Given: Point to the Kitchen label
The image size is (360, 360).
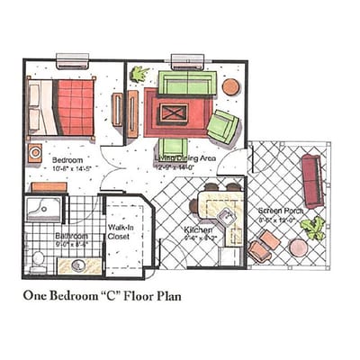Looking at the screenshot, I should (x=198, y=231).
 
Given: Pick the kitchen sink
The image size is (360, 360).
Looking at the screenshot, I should (x=227, y=218).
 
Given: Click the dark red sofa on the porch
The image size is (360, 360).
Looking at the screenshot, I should (x=312, y=180).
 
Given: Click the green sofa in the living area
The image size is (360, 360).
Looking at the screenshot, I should (x=186, y=84).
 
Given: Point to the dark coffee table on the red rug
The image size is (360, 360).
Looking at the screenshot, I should (x=174, y=114).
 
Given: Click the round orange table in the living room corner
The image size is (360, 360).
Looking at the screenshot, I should (x=230, y=87).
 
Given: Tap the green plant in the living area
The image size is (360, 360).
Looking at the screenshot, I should (x=139, y=75).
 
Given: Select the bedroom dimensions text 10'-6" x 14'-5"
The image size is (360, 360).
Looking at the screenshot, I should (x=67, y=166).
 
